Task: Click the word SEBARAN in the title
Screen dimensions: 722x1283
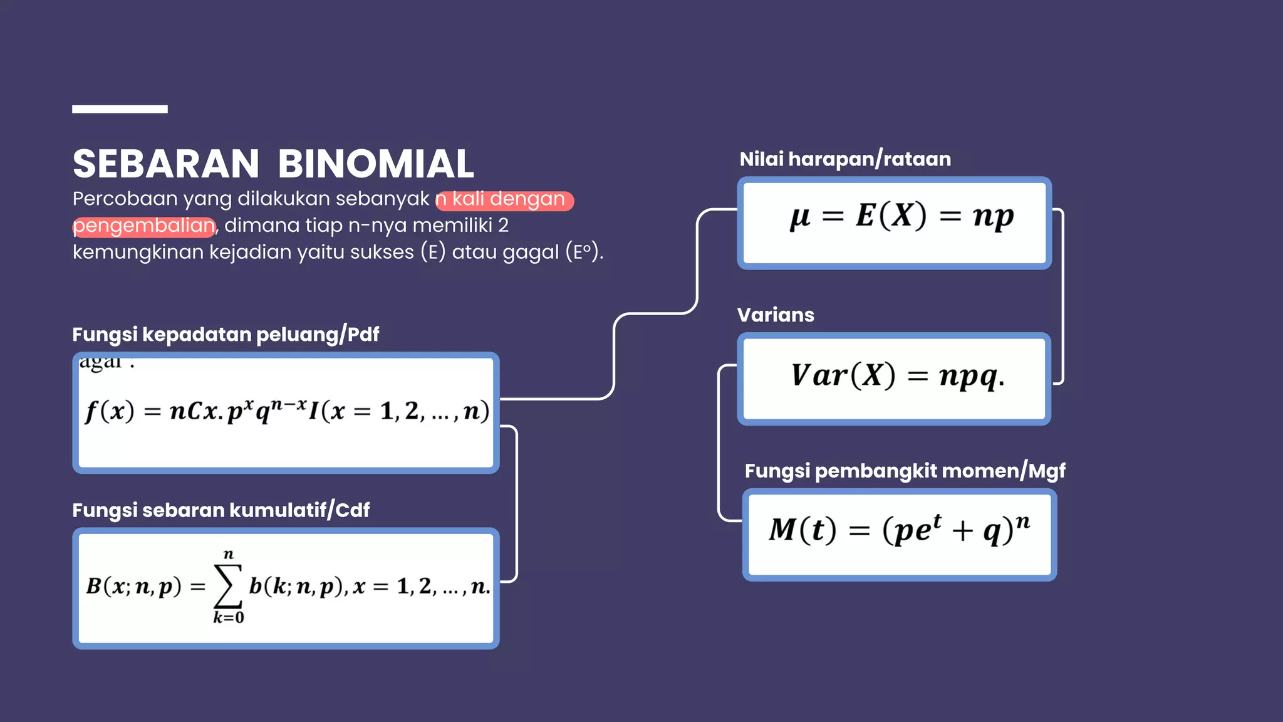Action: (166, 164)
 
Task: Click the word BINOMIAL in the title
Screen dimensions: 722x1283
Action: (376, 164)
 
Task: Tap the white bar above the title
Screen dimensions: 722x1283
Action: (120, 109)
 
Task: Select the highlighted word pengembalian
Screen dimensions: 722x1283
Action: (144, 226)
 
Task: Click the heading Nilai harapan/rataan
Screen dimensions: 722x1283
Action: (845, 159)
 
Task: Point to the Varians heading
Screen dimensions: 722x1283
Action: (776, 315)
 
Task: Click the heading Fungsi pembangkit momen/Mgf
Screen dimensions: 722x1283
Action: (905, 471)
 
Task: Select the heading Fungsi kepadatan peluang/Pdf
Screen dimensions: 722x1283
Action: (226, 335)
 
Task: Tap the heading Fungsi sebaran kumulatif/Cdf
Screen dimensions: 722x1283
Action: (221, 510)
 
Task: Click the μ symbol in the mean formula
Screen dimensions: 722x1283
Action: (800, 217)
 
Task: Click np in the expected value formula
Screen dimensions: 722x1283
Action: (993, 217)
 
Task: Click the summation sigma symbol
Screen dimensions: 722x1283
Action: (228, 585)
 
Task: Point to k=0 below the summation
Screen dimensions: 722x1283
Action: (228, 618)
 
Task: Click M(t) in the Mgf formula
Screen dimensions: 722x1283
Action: (803, 530)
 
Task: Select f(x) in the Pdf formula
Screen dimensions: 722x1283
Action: (110, 412)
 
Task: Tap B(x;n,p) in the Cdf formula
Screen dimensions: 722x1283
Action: (133, 586)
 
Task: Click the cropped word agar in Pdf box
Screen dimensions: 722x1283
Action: (101, 362)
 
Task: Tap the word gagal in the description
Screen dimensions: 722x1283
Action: (531, 252)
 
